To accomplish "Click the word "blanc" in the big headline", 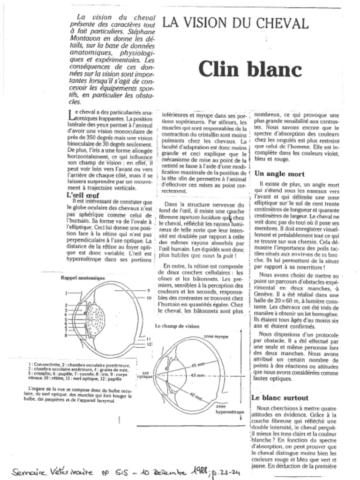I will (275, 69).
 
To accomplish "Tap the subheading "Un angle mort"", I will (279, 173).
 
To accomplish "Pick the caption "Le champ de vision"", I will (177, 326).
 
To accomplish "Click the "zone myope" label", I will (216, 337).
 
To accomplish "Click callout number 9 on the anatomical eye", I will (148, 291).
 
